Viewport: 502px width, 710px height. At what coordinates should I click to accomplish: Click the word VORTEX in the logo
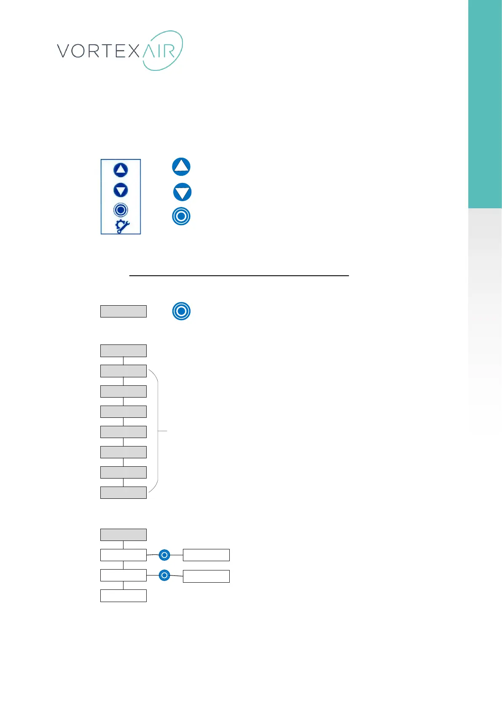point(98,51)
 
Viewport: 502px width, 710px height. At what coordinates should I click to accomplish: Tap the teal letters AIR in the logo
point(159,51)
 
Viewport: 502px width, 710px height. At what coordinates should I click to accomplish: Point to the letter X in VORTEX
point(133,51)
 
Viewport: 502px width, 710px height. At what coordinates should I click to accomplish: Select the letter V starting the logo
point(64,51)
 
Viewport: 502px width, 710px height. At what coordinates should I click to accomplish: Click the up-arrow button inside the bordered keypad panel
point(121,170)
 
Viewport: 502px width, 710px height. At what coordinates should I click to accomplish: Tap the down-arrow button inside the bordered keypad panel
point(121,190)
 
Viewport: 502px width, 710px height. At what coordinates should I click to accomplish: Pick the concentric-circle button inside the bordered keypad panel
point(121,210)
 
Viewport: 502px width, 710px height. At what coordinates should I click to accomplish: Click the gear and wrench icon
point(122,226)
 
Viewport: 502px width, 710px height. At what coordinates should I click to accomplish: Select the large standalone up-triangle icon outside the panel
point(181,167)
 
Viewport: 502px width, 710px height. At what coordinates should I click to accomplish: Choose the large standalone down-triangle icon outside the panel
point(183,192)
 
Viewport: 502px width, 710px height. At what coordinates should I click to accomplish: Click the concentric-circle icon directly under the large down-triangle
point(181,216)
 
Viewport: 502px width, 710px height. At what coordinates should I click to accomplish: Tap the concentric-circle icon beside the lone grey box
point(181,311)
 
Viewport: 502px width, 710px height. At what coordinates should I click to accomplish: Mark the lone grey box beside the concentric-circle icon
point(123,311)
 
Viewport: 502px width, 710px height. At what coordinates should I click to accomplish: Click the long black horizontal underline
point(239,275)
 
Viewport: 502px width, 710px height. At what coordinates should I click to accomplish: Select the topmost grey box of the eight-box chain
point(123,351)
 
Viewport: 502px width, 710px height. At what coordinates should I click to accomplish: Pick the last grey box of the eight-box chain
point(123,492)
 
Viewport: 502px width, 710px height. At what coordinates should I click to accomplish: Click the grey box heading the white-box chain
point(123,535)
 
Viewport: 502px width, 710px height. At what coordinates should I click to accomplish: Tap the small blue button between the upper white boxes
point(164,555)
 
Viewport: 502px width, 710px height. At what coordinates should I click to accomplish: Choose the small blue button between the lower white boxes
point(164,575)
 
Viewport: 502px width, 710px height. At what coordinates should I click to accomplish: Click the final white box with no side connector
point(123,596)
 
